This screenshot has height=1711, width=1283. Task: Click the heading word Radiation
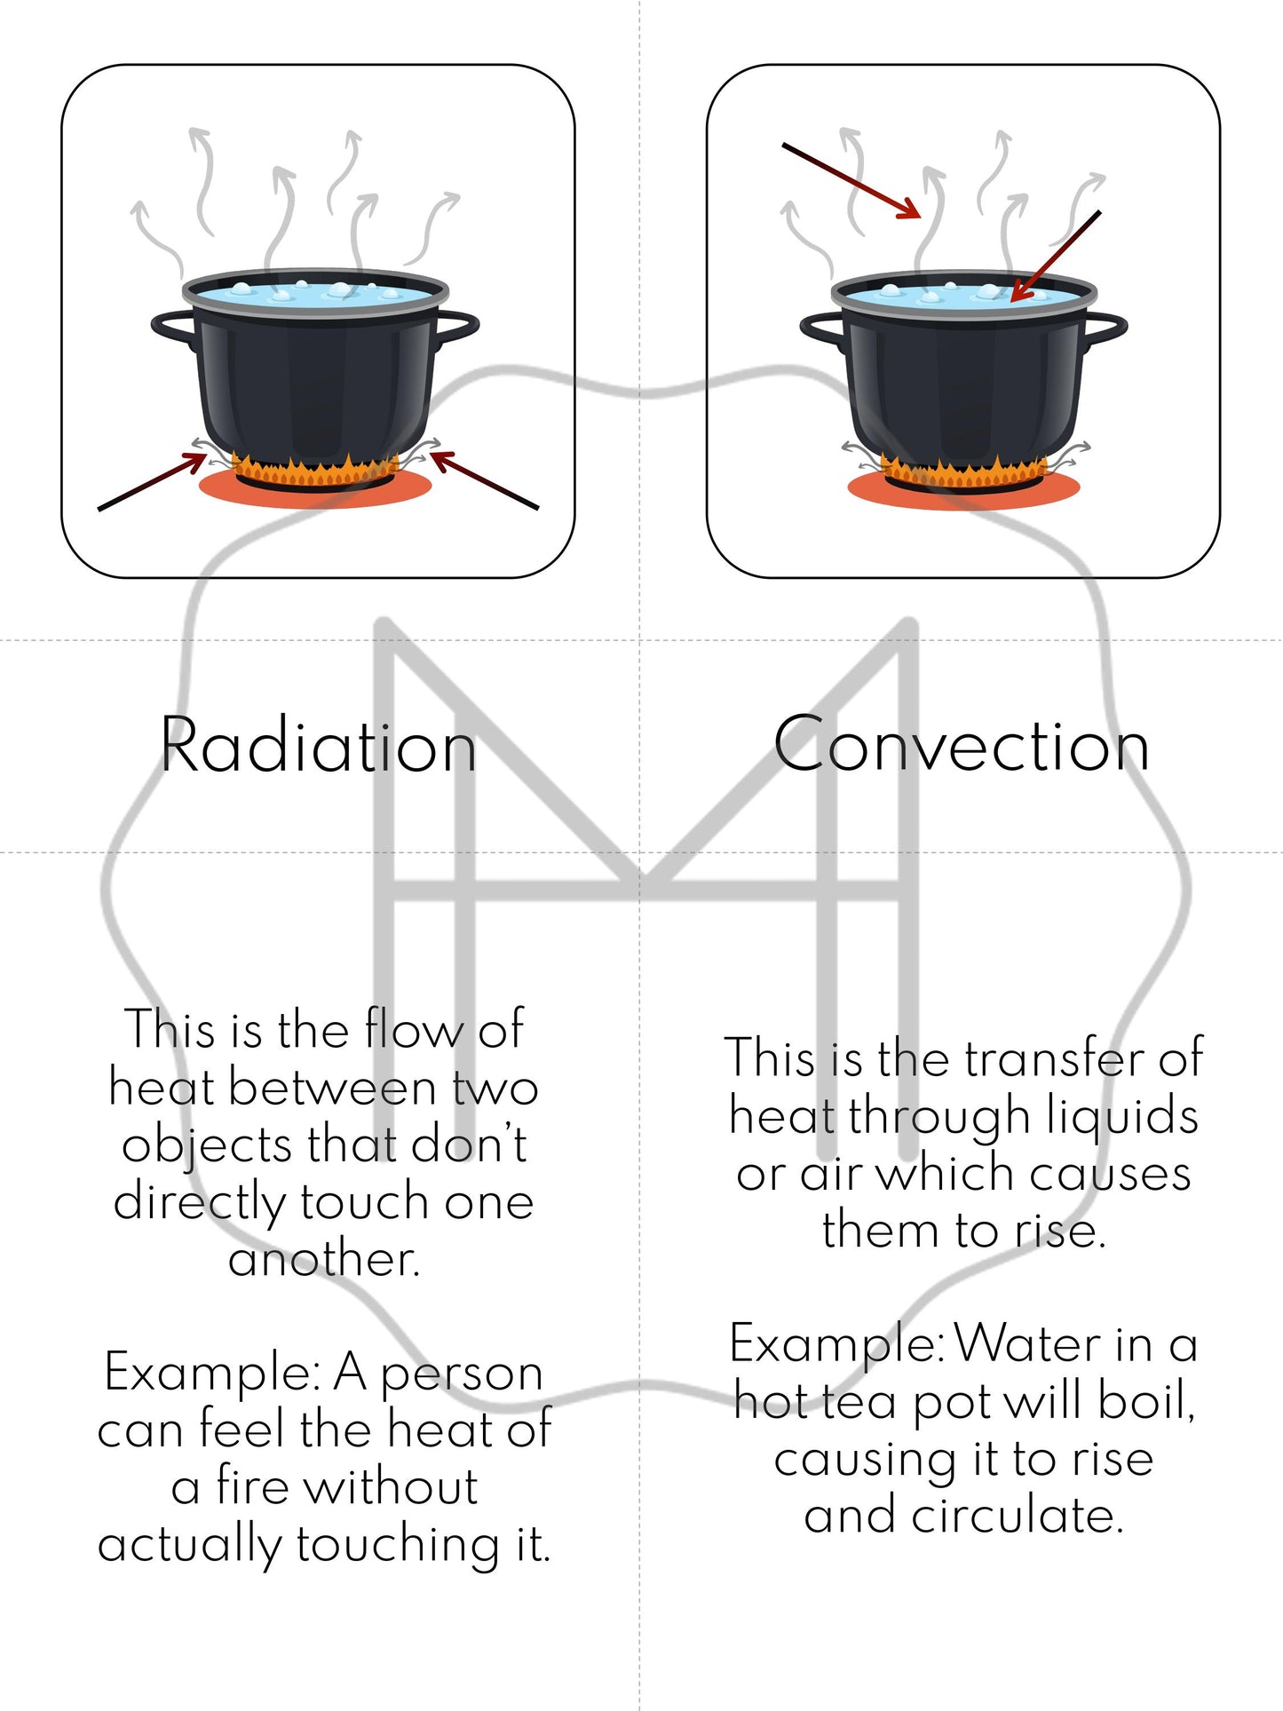coord(318,746)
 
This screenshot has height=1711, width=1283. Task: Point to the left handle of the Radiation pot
coord(172,328)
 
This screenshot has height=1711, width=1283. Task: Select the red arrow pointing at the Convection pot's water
coord(1056,256)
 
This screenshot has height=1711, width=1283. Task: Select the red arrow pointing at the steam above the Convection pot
coord(851,179)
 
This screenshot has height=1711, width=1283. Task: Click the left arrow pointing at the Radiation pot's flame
coord(152,481)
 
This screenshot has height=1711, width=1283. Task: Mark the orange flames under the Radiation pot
coord(315,468)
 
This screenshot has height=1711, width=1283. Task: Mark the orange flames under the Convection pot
coord(964,471)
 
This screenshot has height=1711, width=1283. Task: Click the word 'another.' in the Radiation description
coord(324,1259)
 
